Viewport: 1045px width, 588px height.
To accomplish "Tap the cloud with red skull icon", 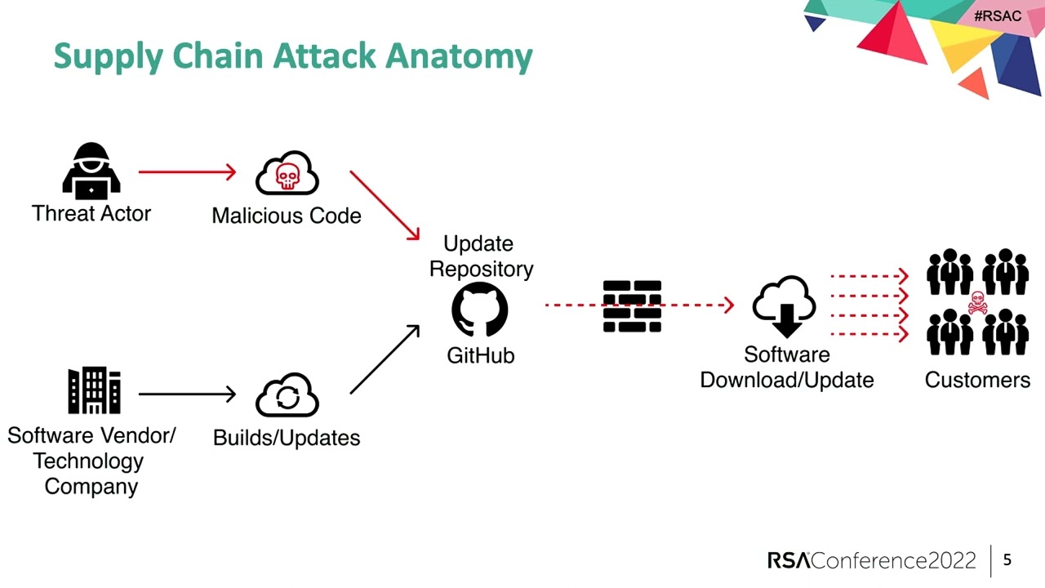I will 287,173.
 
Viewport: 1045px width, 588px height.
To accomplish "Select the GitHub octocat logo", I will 480,310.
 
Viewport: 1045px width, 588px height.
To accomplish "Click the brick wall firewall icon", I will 632,306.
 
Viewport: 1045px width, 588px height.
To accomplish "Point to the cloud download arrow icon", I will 784,307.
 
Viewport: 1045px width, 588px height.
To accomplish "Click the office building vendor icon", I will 94,390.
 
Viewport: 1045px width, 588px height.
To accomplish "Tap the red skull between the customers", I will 977,303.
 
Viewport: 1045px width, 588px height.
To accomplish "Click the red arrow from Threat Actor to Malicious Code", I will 187,172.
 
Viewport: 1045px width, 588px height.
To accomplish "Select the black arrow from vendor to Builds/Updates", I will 187,394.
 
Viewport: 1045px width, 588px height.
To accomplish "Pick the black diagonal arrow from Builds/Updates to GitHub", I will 385,359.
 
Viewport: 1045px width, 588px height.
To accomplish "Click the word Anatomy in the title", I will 459,56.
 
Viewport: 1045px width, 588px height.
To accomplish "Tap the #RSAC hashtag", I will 997,16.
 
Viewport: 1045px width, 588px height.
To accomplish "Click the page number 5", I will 1007,559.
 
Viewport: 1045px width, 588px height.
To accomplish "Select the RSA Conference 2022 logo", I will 871,560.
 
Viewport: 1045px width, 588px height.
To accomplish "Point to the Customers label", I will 977,380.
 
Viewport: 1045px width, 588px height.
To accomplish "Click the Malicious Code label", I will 287,216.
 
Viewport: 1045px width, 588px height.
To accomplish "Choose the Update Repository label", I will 481,256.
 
